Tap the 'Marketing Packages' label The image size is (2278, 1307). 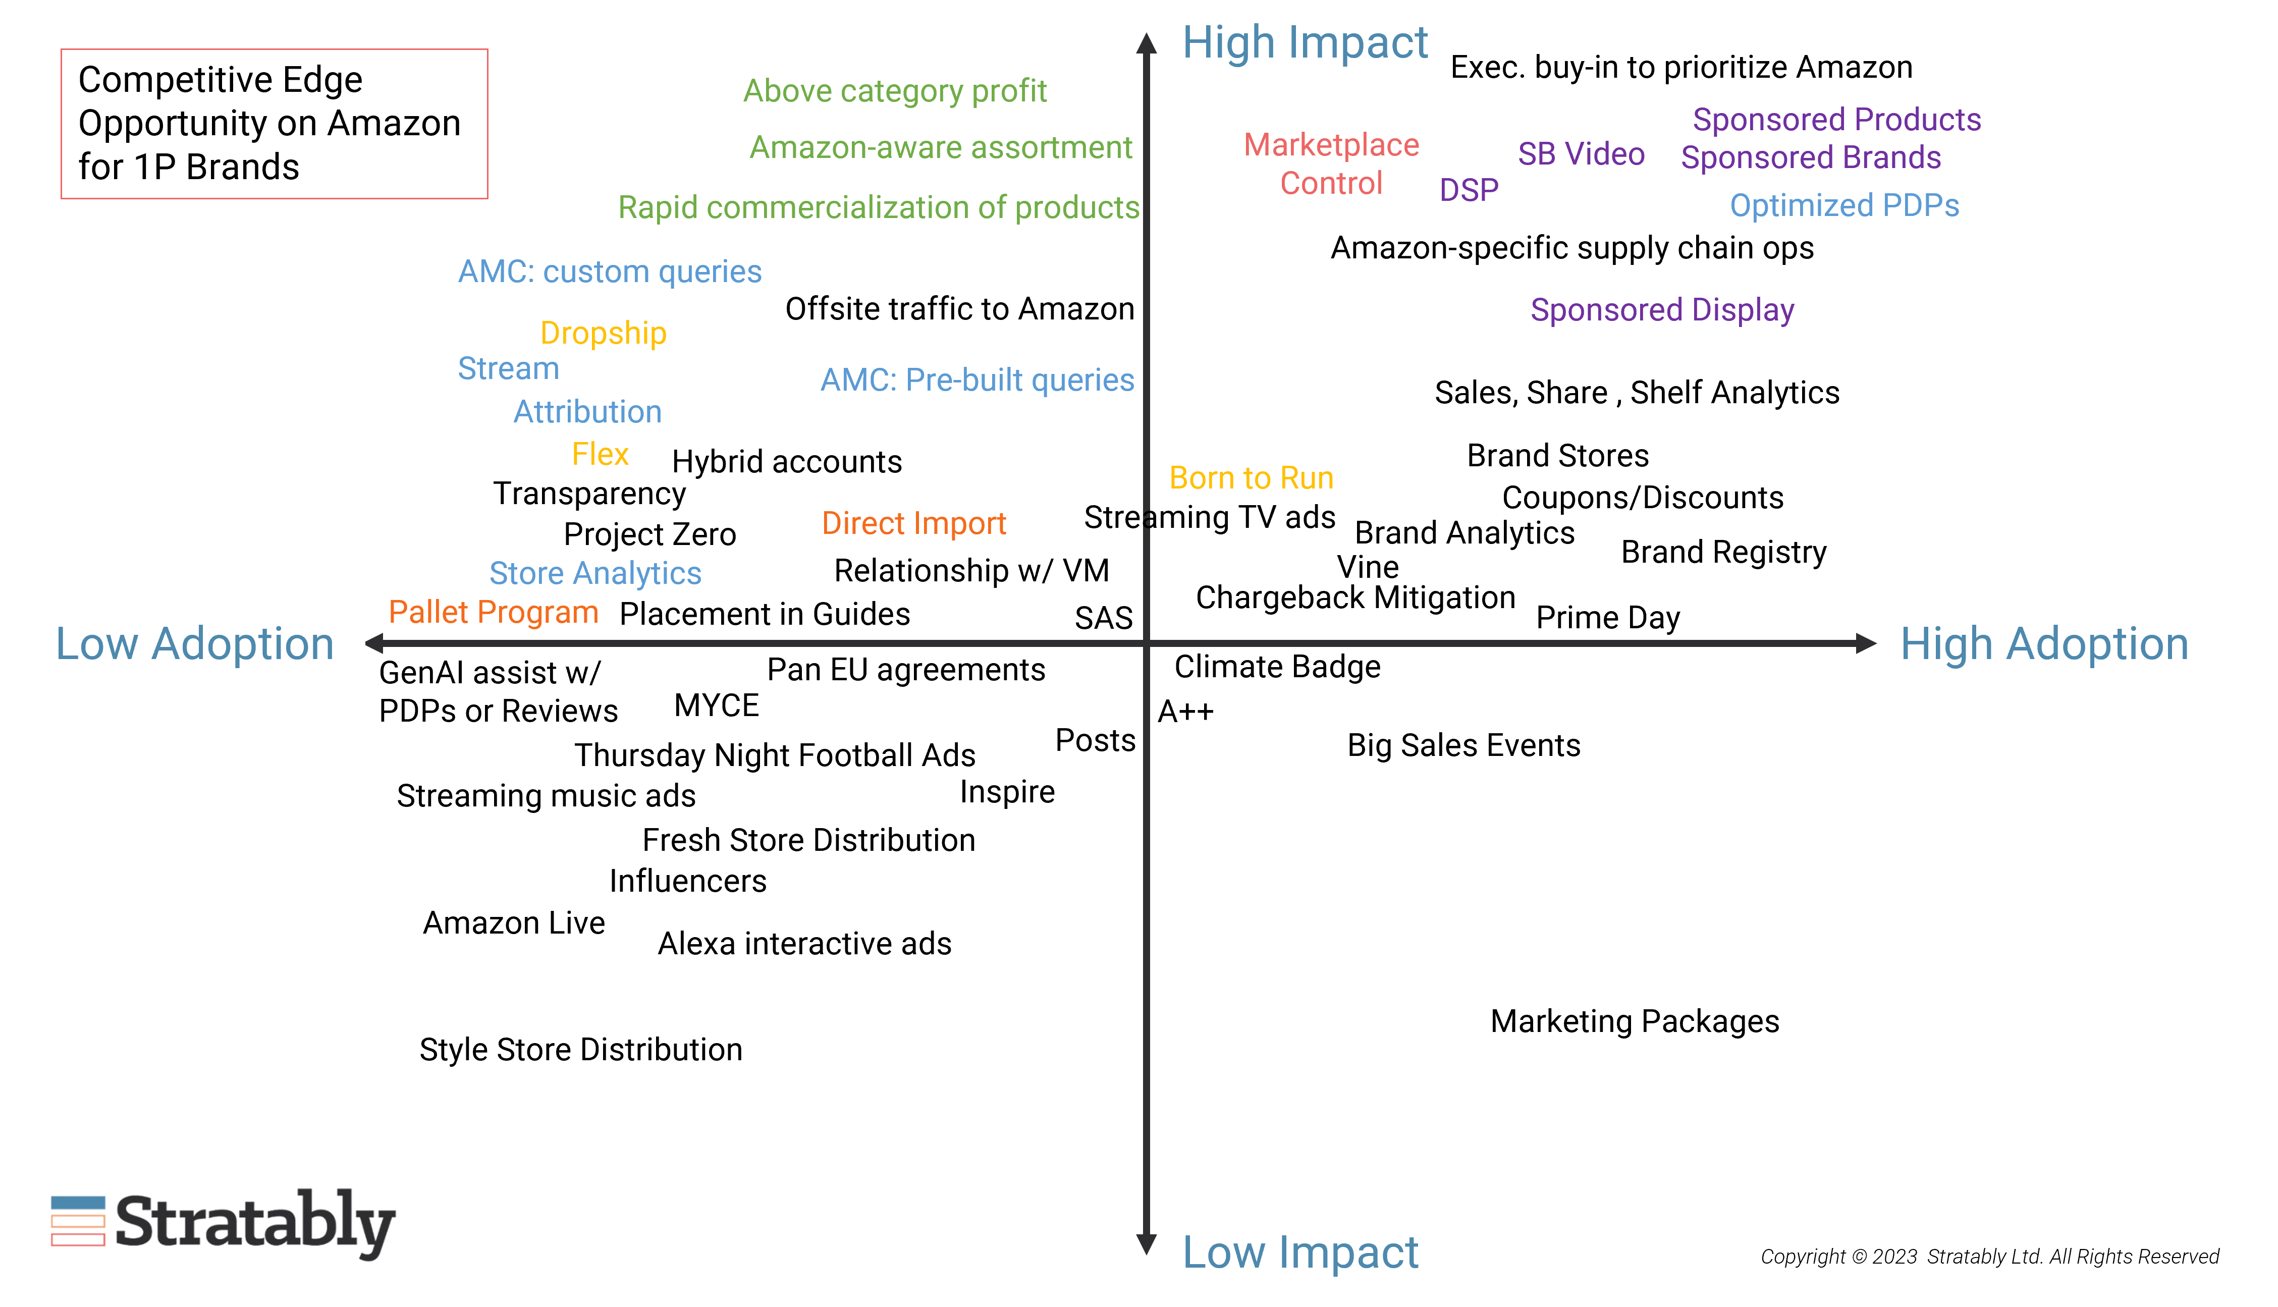(x=1635, y=1021)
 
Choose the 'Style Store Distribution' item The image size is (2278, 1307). (x=581, y=1049)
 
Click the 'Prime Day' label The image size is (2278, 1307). (x=1607, y=618)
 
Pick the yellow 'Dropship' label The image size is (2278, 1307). (x=603, y=333)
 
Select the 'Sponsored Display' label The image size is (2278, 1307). (x=1662, y=310)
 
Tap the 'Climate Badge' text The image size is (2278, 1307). (x=1277, y=667)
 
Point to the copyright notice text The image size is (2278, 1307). (x=1989, y=1257)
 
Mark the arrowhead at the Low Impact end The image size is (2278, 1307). (x=1146, y=1244)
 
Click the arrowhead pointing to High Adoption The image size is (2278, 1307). (x=1865, y=643)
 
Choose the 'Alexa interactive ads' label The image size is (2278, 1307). (x=804, y=944)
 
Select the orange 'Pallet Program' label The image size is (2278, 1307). (x=493, y=612)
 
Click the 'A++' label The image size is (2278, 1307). (x=1185, y=712)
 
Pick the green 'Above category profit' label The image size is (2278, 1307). (x=895, y=91)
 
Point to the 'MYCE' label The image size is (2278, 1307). (x=716, y=705)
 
